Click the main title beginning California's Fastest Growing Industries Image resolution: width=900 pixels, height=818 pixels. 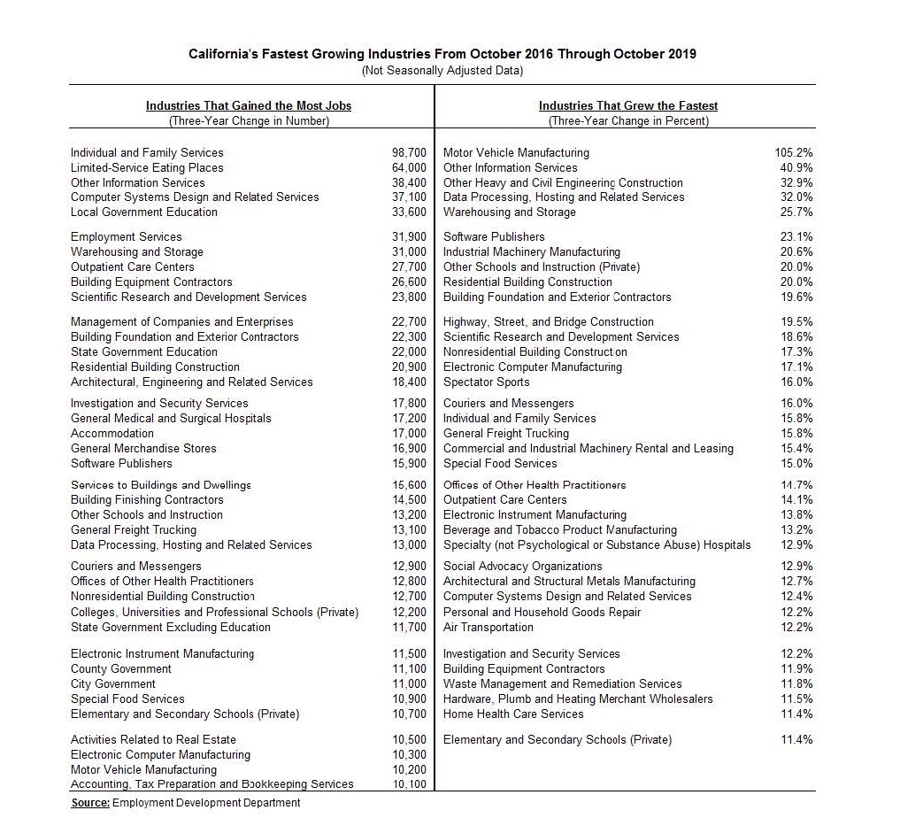tap(442, 54)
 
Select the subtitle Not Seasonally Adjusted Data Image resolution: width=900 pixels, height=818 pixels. tap(442, 70)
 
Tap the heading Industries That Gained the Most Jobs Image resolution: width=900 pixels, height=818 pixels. tap(249, 105)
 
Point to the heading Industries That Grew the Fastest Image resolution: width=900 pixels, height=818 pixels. tap(628, 105)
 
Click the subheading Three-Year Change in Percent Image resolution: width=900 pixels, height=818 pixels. tap(628, 121)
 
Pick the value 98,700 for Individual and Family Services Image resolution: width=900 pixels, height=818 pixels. tap(409, 152)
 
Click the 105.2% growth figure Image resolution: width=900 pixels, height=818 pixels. tap(794, 152)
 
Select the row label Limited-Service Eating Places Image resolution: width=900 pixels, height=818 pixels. tap(147, 167)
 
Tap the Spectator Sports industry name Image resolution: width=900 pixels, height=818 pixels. tap(486, 382)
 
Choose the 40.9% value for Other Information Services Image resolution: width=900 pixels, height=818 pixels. tap(796, 167)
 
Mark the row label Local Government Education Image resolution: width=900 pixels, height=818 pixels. tap(143, 212)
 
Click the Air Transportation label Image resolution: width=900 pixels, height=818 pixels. tap(488, 627)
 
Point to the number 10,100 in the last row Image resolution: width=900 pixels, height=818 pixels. tap(409, 783)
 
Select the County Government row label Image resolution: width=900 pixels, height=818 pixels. tap(121, 668)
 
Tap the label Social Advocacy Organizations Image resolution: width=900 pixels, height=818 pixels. tap(522, 566)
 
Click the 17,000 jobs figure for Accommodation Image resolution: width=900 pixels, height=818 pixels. tap(409, 433)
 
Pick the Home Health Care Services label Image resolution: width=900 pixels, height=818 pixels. tap(513, 714)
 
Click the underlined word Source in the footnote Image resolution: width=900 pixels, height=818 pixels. tap(90, 802)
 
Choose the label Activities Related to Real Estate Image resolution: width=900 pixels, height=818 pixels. tap(153, 739)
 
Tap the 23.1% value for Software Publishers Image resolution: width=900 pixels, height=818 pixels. tap(796, 236)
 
